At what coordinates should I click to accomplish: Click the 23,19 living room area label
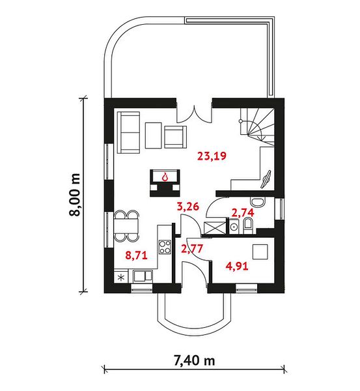point(212,156)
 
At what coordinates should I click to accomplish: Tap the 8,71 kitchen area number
point(136,255)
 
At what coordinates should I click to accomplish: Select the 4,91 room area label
point(237,266)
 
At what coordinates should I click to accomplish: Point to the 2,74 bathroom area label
point(243,212)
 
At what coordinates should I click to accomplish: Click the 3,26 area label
point(188,207)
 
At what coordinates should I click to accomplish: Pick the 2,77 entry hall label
point(192,249)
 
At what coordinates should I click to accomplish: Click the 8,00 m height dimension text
point(75,195)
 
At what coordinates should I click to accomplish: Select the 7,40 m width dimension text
point(194,360)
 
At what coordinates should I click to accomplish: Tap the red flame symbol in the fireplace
point(165,177)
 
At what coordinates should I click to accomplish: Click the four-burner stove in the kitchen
point(165,247)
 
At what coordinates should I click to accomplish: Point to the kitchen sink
point(143,276)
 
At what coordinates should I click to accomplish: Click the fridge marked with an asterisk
point(121,278)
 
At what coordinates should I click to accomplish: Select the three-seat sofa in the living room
point(128,132)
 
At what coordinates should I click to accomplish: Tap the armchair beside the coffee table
point(175,138)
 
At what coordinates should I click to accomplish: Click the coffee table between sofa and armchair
point(153,136)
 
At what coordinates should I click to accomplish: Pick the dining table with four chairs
point(126,226)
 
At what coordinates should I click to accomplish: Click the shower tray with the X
point(215,227)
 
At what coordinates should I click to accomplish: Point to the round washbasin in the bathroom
point(234,227)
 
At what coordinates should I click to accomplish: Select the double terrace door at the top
point(195,114)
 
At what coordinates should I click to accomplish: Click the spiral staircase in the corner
point(257,126)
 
